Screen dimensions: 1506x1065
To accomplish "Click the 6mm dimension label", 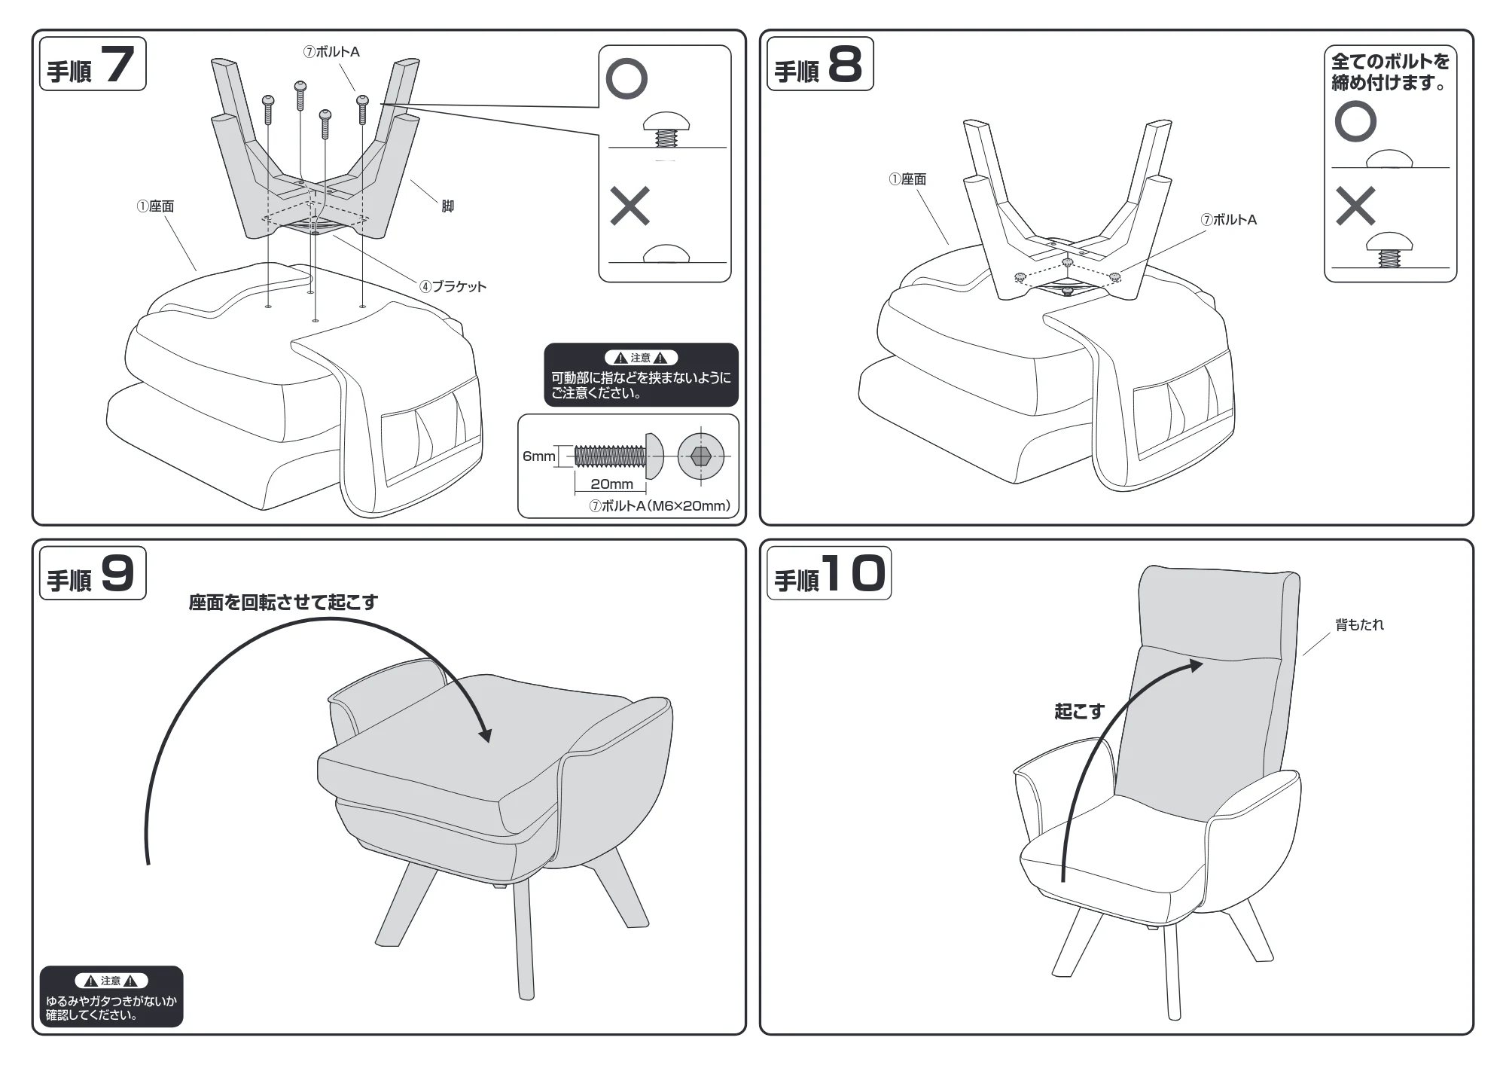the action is click(x=538, y=456).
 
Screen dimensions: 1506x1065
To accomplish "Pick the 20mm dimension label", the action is click(x=611, y=484).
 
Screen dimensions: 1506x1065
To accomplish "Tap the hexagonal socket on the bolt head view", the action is click(x=700, y=456).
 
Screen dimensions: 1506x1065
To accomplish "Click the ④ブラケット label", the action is click(x=453, y=286).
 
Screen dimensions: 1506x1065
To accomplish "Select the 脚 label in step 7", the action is click(x=447, y=206).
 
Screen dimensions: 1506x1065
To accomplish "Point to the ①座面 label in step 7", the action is click(x=155, y=206).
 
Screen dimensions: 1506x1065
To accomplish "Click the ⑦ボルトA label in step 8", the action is click(x=1228, y=220).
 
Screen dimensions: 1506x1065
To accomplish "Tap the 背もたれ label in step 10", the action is click(x=1359, y=624).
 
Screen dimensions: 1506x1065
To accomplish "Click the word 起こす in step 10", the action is click(x=1079, y=711).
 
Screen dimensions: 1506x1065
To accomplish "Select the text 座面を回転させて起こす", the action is click(x=283, y=602).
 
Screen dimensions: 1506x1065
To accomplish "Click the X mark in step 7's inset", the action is click(x=630, y=206).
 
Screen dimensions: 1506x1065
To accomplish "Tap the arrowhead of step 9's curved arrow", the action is click(x=484, y=733).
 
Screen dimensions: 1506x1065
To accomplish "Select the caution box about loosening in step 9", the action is click(x=111, y=996).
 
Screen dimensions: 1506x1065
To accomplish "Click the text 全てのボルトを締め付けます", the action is click(x=1390, y=72).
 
